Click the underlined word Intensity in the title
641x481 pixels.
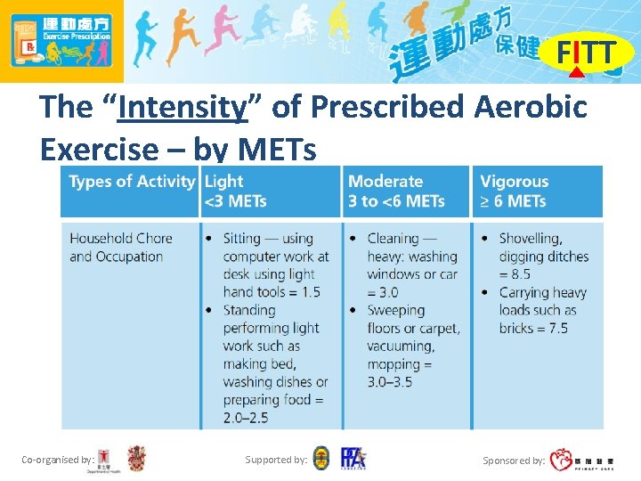(x=182, y=108)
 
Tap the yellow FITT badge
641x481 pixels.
(x=585, y=53)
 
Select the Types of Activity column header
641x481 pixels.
(x=132, y=182)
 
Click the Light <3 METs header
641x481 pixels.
(x=236, y=191)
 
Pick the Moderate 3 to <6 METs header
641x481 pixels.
(x=396, y=191)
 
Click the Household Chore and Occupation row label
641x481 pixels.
(x=120, y=248)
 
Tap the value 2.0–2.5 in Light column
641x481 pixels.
(x=246, y=417)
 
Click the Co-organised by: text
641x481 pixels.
(x=58, y=460)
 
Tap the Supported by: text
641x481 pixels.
(x=276, y=460)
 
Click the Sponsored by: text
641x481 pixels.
(x=514, y=461)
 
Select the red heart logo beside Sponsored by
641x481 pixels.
(x=561, y=461)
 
